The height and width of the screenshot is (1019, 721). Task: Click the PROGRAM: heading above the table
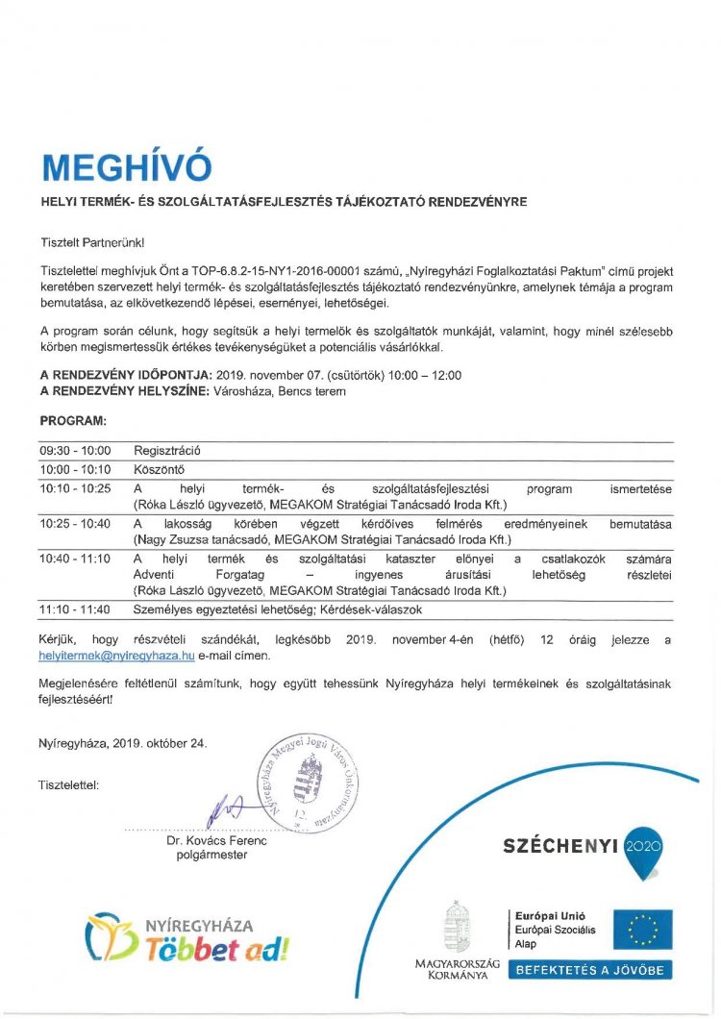click(x=73, y=420)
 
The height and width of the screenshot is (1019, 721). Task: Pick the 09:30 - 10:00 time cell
click(x=75, y=450)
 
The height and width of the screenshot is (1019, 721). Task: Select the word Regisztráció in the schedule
click(x=167, y=450)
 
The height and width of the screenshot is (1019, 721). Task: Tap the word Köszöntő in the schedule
click(x=159, y=469)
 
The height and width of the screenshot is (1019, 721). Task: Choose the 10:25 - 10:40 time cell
click(x=75, y=524)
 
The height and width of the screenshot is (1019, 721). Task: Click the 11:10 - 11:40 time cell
click(x=75, y=609)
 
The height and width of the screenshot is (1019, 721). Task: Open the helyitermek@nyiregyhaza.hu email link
click(x=117, y=655)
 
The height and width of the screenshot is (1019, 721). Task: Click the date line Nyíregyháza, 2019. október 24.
click(x=123, y=743)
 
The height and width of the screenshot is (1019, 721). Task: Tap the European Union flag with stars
click(x=643, y=930)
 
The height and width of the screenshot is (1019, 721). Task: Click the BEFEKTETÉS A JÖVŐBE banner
click(x=591, y=970)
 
